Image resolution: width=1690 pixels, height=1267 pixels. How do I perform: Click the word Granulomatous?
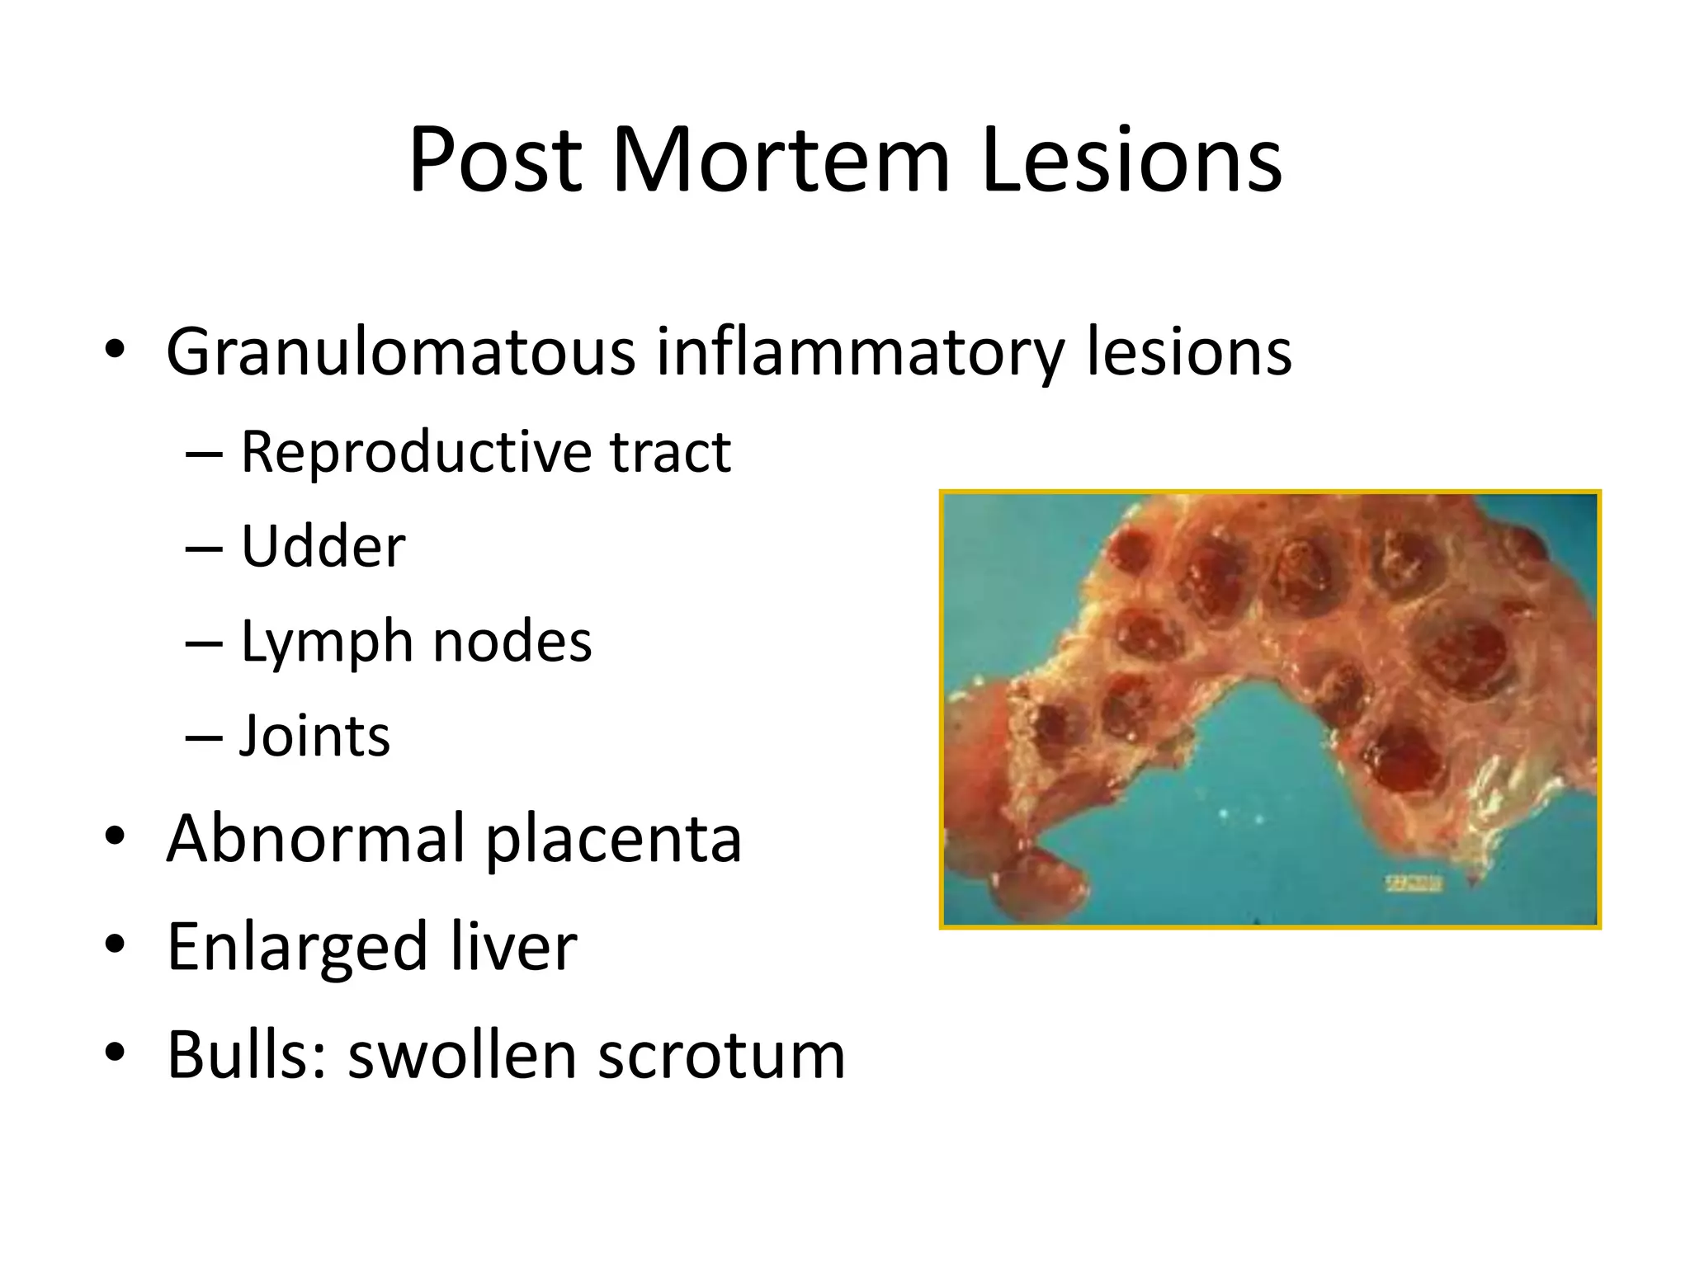click(400, 353)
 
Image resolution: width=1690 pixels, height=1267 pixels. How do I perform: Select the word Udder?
click(323, 547)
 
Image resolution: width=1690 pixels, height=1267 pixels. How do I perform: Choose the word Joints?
click(314, 736)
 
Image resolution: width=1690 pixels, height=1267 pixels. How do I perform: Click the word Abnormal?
click(314, 839)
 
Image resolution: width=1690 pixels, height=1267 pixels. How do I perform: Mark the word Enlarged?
click(297, 948)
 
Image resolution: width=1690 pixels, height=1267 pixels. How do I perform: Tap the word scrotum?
click(721, 1057)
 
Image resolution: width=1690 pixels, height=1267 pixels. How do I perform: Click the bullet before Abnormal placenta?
click(116, 836)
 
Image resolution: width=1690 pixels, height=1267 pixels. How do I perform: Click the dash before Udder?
click(204, 548)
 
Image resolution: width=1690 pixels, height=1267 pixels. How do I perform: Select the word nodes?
click(512, 642)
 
